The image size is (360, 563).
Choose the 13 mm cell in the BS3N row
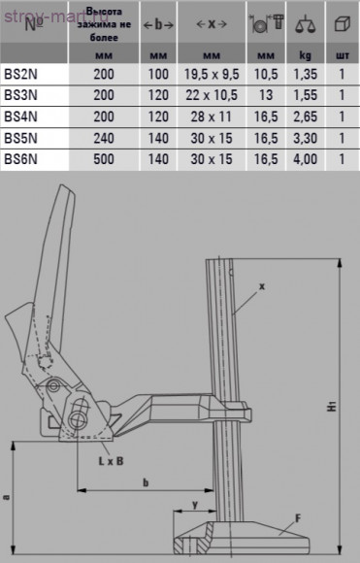pos(264,94)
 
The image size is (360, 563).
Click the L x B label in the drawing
pos(110,461)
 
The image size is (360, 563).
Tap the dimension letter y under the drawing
pos(195,505)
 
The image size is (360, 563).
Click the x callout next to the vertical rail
pos(262,286)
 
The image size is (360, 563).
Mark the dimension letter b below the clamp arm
pos(145,481)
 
